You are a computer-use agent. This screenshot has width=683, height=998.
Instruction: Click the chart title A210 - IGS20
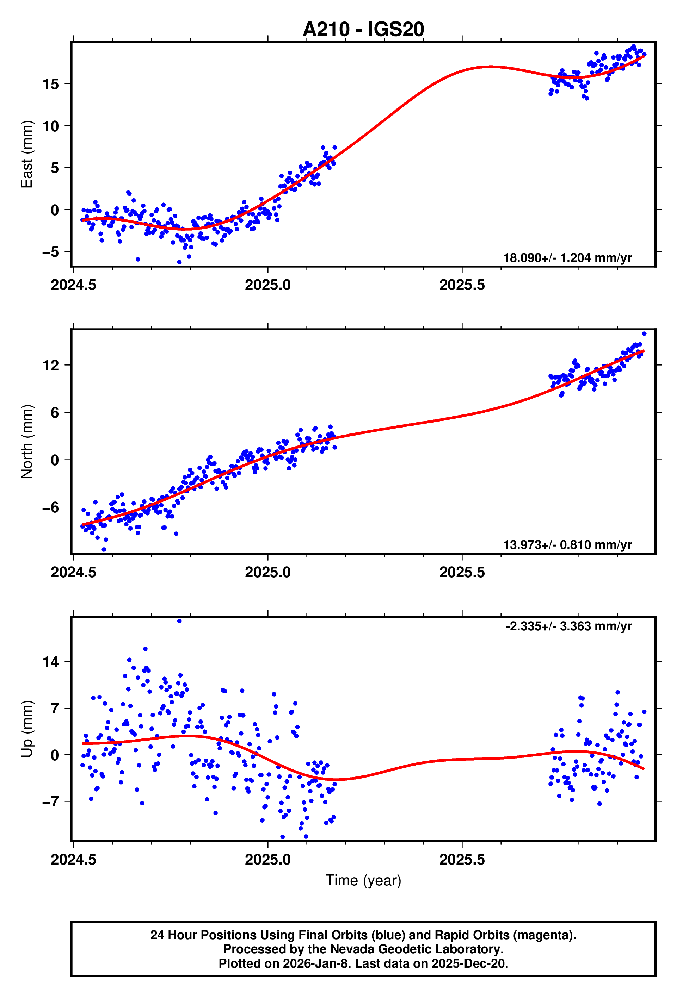[x=363, y=29]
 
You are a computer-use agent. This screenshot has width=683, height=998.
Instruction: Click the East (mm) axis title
[x=27, y=154]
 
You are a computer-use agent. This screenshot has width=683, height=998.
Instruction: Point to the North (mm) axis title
[x=27, y=442]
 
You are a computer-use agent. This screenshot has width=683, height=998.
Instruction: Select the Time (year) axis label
[x=363, y=880]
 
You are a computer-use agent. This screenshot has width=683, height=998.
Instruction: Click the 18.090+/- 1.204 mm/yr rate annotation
[x=567, y=258]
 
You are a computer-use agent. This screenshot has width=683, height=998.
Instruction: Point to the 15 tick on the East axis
[x=50, y=84]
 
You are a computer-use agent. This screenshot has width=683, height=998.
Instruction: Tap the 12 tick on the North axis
[x=50, y=366]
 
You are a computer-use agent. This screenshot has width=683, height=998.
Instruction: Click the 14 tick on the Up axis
[x=50, y=662]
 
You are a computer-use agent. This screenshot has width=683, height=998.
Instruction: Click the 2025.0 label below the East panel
[x=268, y=285]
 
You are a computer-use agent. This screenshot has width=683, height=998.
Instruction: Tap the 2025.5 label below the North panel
[x=462, y=573]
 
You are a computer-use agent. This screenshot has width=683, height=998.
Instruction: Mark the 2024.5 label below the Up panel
[x=74, y=860]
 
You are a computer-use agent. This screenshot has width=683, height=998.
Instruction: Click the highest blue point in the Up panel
[x=179, y=621]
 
